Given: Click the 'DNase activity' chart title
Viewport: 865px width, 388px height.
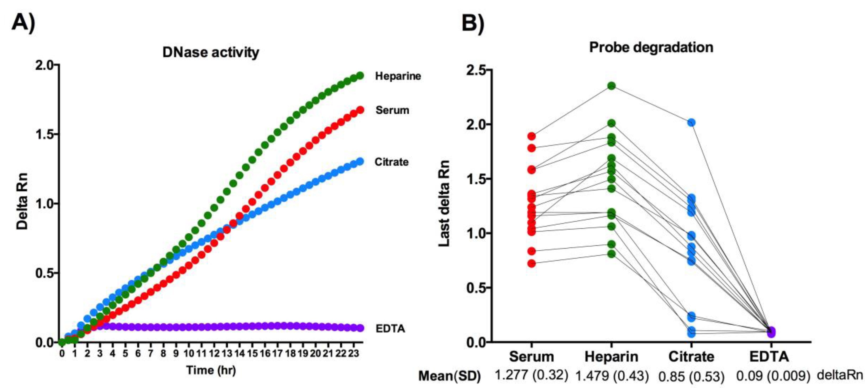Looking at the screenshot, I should tap(211, 52).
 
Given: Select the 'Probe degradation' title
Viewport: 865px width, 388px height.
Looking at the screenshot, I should tap(651, 47).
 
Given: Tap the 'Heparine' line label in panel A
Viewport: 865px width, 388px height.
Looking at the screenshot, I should tap(398, 76).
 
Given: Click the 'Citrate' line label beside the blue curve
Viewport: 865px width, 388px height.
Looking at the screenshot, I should tap(391, 162).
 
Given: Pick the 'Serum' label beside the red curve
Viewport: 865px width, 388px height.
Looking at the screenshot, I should tap(392, 110).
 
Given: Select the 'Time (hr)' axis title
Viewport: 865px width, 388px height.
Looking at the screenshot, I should tap(211, 370).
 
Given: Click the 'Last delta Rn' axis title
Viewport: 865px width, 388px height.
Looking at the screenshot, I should tap(444, 204).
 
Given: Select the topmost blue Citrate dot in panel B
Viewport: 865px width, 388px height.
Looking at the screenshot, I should tap(691, 123).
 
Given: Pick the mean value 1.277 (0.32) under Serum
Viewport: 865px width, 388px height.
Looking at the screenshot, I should tap(531, 375).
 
